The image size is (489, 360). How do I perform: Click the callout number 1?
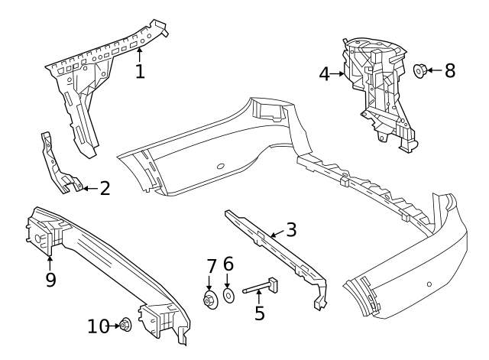140,71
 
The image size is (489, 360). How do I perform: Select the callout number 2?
105,188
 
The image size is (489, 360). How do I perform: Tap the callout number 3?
290,229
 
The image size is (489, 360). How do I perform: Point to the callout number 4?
324,74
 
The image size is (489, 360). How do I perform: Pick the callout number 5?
260,313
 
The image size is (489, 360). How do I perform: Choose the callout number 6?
228,265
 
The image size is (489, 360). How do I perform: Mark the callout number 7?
212,267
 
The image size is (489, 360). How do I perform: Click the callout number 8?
449,71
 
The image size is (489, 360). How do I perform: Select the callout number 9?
50,280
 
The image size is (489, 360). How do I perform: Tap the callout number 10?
98,326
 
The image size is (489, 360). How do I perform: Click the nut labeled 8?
419,71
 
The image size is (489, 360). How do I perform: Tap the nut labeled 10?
125,326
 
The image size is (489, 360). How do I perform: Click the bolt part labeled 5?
259,288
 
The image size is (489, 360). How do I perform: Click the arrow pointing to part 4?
339,74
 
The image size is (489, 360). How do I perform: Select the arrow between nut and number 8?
433,71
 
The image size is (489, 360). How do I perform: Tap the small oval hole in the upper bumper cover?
220,166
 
